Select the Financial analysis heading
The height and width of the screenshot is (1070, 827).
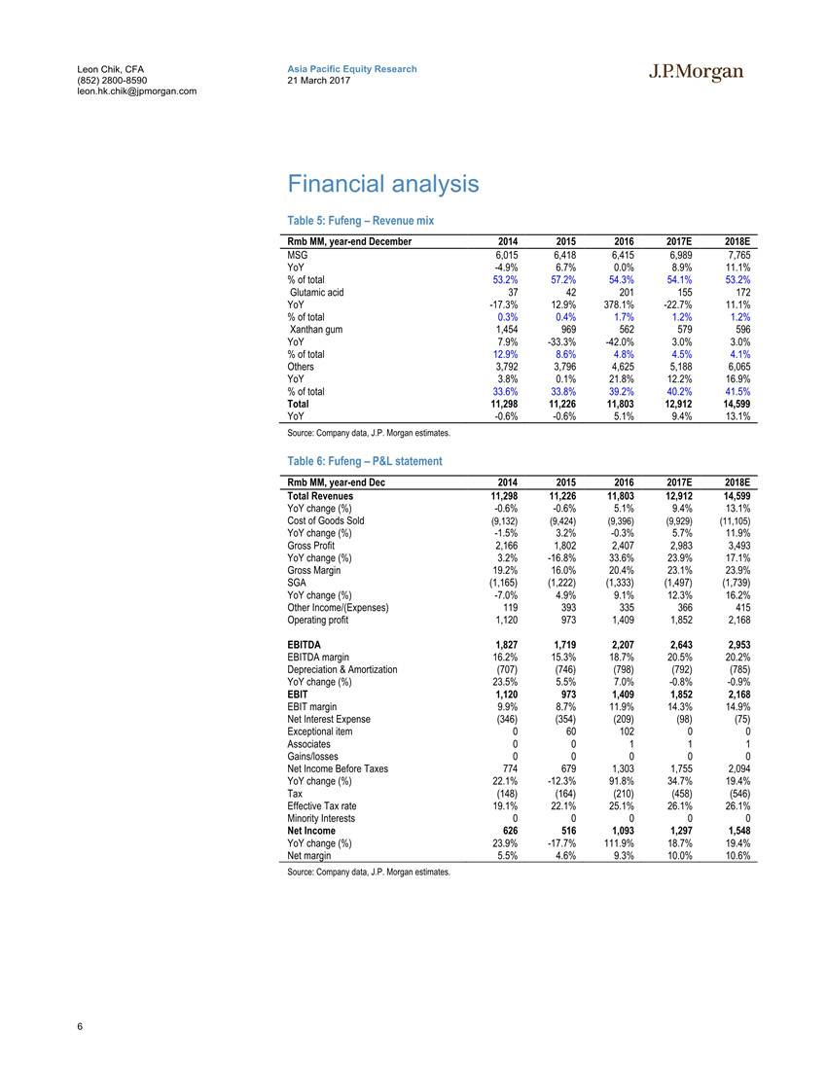382,184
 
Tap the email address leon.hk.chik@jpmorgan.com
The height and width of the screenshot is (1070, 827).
136,90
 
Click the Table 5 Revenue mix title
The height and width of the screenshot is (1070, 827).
360,221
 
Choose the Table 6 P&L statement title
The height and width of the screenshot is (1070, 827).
364,461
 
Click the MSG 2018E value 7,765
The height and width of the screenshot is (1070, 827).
737,254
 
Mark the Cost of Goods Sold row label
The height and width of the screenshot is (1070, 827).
326,520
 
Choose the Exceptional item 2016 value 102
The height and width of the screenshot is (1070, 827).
625,731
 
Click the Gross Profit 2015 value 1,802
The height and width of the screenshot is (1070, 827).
564,546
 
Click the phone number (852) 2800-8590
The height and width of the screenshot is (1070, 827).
112,80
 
